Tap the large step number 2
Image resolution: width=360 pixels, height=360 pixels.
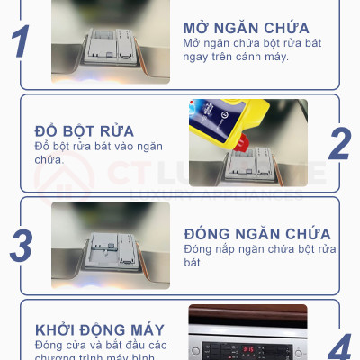tap(339, 143)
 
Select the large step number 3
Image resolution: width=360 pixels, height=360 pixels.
tap(21, 245)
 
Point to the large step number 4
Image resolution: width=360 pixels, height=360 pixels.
tap(339, 346)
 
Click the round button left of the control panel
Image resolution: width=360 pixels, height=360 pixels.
tap(199, 348)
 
